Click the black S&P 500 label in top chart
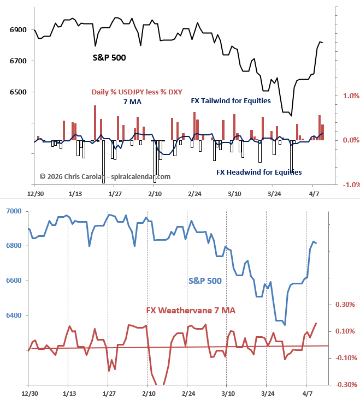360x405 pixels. coord(109,57)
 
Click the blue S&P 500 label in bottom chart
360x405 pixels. coord(205,281)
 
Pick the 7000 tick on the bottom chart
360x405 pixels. coord(13,211)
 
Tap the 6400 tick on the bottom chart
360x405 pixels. coord(13,315)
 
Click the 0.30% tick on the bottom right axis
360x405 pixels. coord(344,305)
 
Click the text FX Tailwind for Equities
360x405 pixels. coord(231,100)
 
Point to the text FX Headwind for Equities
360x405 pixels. coord(259,172)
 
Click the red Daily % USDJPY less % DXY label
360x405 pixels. coord(137,92)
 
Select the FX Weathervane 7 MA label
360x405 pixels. coord(191,310)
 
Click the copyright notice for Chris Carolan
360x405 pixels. coord(105,176)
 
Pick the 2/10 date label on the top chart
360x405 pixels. coord(155,194)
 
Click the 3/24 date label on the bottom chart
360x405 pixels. coord(268,393)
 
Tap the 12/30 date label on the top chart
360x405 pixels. coord(35,194)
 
